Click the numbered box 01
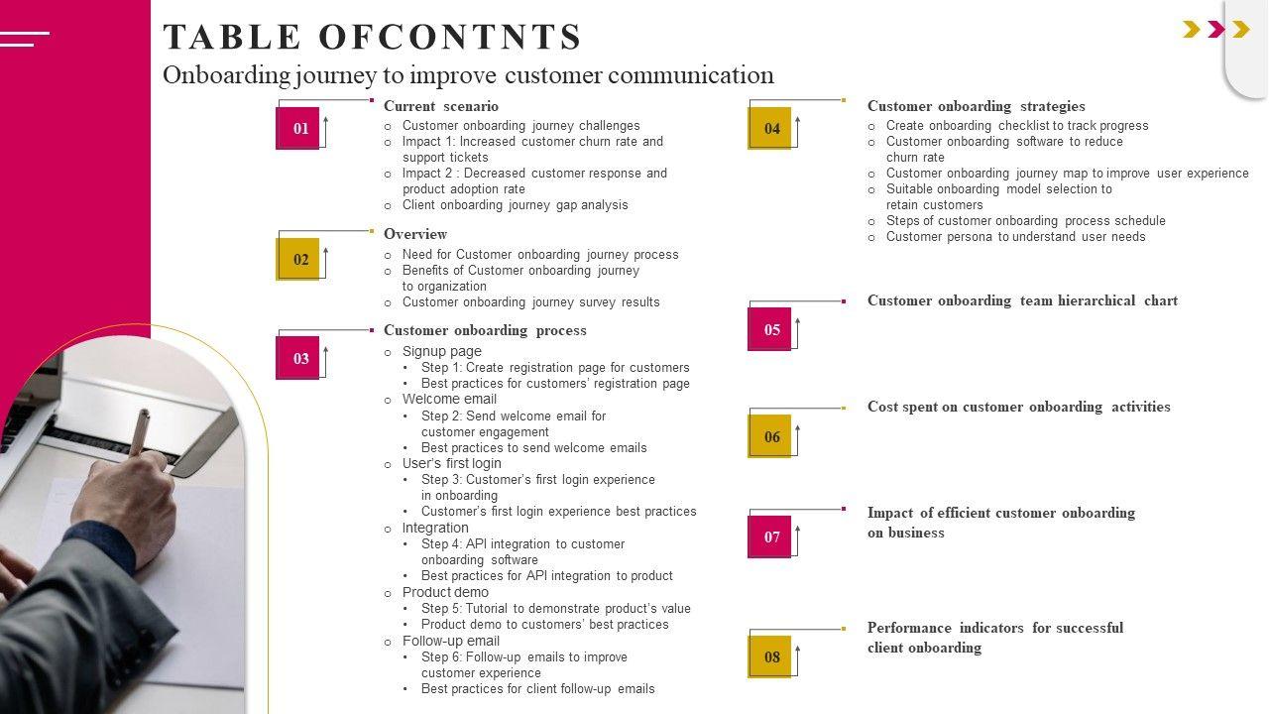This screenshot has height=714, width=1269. coord(299,128)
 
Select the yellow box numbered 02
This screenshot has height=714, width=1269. coord(299,259)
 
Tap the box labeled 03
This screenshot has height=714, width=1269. coord(299,358)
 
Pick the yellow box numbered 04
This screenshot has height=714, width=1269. coord(771,128)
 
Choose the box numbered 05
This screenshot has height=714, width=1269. coord(771,329)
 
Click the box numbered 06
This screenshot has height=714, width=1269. coord(771,436)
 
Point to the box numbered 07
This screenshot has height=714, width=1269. coord(771,536)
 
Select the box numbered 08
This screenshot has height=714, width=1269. coord(771,656)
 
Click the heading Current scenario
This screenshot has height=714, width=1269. coord(441,106)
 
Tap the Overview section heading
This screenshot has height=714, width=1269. coord(415,234)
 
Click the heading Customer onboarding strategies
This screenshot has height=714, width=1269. coord(976,106)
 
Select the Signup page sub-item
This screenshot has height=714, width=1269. coord(441,351)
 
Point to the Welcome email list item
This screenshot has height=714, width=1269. coord(449,400)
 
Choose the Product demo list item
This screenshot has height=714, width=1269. coord(445,592)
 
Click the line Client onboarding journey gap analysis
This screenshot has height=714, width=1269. coord(515,205)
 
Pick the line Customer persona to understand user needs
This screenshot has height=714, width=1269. coord(1015,237)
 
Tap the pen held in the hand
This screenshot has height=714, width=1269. coord(139,432)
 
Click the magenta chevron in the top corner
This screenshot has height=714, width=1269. coord(1216,30)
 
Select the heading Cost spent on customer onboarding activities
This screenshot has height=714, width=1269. coord(1018,407)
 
